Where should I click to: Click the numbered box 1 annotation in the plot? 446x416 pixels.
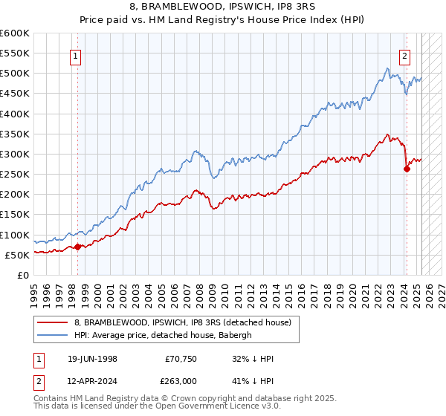point(77,54)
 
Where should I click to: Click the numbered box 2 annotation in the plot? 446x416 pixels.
point(405,54)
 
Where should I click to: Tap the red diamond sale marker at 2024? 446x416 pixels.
point(407,169)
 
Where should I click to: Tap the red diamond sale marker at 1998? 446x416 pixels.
point(77,247)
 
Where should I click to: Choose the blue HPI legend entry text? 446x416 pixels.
point(164,335)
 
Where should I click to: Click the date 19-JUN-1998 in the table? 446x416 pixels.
point(90,358)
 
